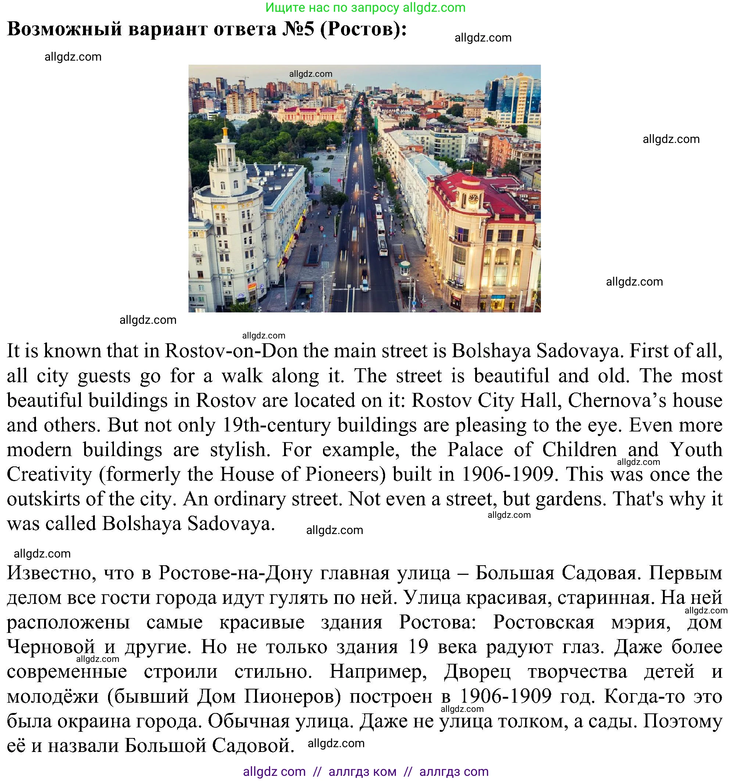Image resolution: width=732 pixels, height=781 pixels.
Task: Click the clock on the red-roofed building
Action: (x=473, y=198)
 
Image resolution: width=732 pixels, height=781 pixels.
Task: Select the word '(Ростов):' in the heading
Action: (x=364, y=29)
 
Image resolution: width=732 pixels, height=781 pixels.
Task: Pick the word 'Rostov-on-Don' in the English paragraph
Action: (x=231, y=351)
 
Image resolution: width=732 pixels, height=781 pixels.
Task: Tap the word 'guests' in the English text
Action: (x=104, y=376)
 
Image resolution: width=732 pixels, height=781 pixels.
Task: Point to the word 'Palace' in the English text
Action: (x=475, y=449)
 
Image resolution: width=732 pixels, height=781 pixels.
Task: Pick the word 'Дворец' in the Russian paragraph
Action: (x=477, y=672)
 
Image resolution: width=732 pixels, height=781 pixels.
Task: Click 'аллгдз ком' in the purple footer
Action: (x=362, y=771)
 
